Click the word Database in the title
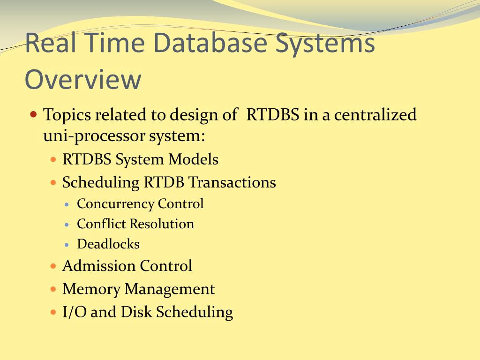210,43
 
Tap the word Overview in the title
83,79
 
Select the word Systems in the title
325,45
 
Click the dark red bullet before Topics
34,115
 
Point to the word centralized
375,114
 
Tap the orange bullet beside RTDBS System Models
53,159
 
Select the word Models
193,159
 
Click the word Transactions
232,182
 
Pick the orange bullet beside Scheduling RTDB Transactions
53,183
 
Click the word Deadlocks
108,244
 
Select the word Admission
99,266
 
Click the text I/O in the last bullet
75,312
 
